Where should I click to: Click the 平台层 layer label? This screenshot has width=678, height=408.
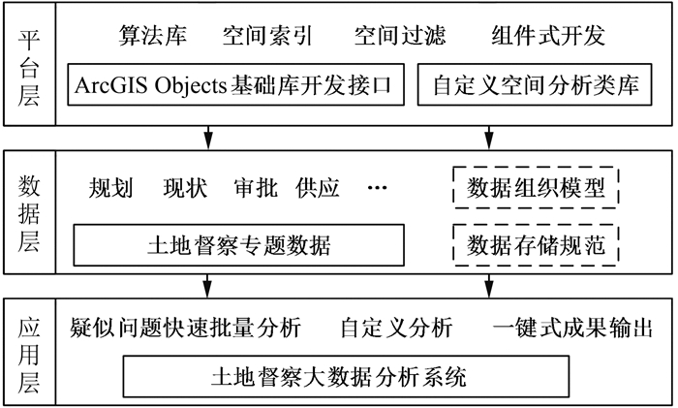tap(28, 64)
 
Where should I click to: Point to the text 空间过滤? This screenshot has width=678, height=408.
tap(400, 37)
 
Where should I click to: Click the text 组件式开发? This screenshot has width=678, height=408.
tap(548, 37)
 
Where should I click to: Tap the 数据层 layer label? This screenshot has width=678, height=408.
tap(28, 213)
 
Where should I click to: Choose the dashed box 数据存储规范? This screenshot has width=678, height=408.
tap(536, 244)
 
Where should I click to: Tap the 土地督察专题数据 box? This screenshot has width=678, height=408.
tap(237, 246)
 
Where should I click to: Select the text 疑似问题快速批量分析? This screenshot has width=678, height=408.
tap(187, 328)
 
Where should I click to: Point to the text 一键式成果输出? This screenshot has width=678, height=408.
tap(570, 328)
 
